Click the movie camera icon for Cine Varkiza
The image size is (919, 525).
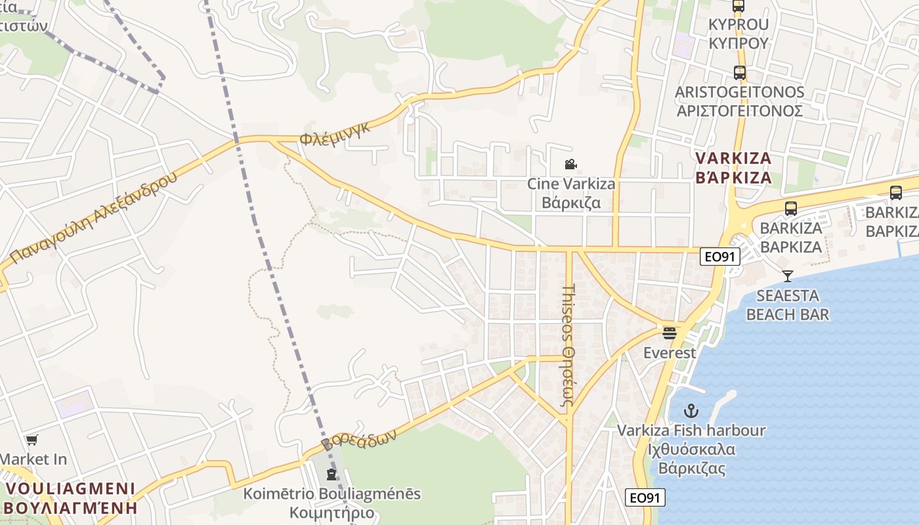(x=570, y=164)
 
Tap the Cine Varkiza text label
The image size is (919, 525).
(x=571, y=192)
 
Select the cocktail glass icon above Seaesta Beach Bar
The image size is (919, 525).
(x=787, y=276)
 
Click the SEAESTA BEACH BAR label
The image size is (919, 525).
(x=787, y=305)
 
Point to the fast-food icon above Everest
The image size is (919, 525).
(x=669, y=333)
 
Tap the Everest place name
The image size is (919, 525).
(x=669, y=353)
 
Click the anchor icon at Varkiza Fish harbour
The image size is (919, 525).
(x=691, y=411)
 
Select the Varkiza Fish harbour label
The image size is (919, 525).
(x=691, y=450)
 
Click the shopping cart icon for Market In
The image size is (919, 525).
(x=32, y=440)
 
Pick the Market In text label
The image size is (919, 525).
(x=33, y=459)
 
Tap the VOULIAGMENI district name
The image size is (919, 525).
(x=70, y=498)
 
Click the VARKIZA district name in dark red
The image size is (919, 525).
(x=733, y=168)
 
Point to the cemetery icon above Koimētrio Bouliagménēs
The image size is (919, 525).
(x=331, y=474)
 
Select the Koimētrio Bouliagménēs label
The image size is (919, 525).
(x=331, y=503)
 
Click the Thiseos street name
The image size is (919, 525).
(x=568, y=348)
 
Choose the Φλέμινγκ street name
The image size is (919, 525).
(x=335, y=133)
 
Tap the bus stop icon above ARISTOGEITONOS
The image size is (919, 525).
(x=739, y=73)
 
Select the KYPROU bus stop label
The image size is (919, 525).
(x=738, y=33)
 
